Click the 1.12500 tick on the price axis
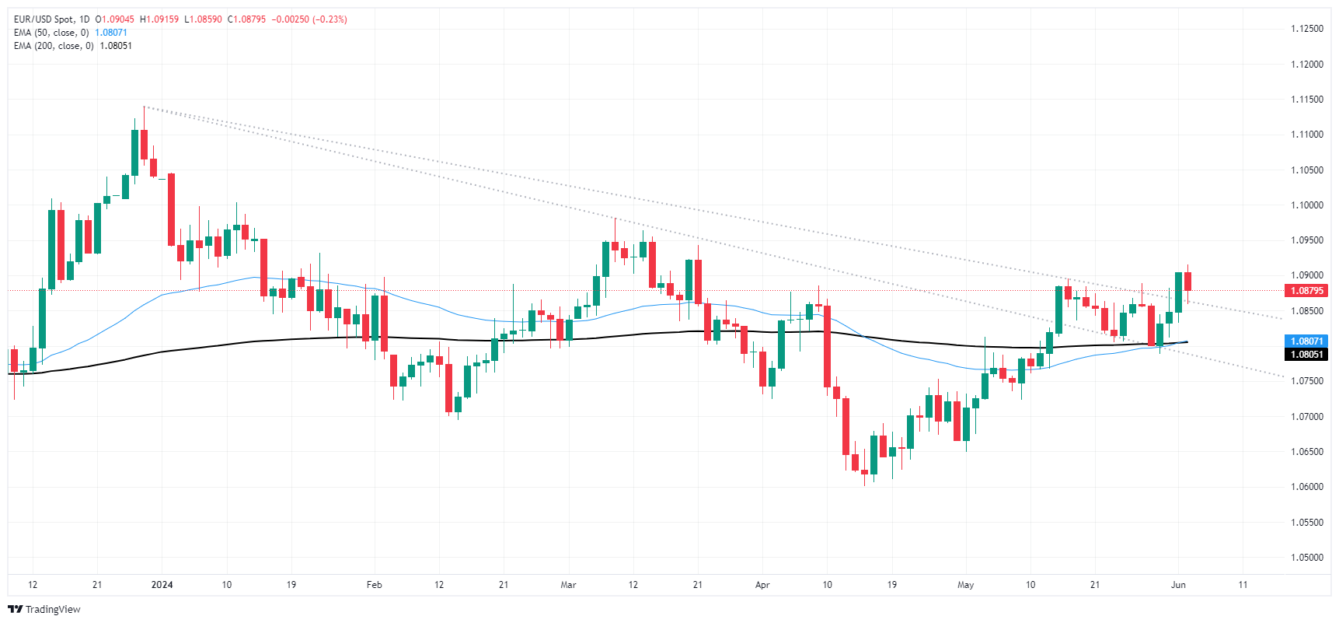pos(1306,29)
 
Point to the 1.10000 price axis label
pos(1306,205)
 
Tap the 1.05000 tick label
pos(1306,558)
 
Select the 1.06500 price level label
pos(1306,452)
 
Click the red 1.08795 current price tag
pos(1306,291)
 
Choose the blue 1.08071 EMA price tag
pos(1306,341)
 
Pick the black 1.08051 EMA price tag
pos(1306,355)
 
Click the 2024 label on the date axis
pos(162,585)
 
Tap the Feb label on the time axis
pos(374,585)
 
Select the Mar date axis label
pos(568,585)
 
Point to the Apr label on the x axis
pos(762,585)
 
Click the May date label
pos(965,585)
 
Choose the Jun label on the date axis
pos(1178,585)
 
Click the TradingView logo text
pos(52,610)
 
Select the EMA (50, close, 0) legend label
pos(51,33)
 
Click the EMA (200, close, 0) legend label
pos(54,46)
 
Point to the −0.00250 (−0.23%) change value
pos(309,19)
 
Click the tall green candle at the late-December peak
pos(135,152)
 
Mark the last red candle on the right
pos(1187,281)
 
